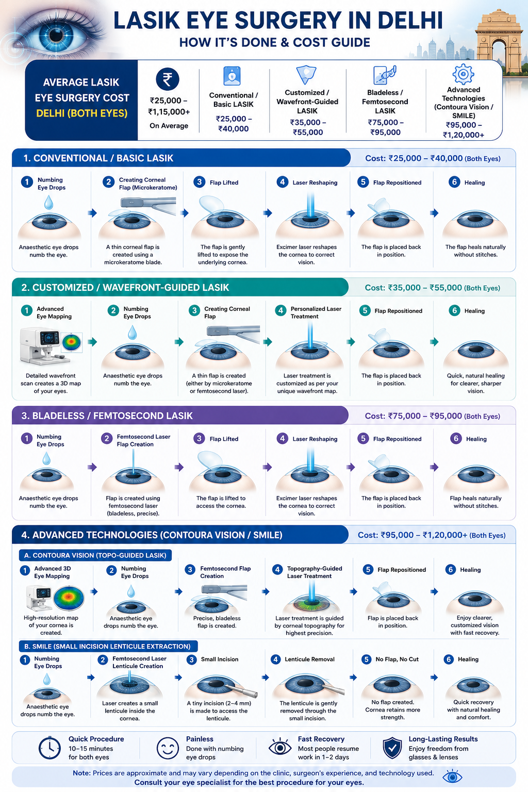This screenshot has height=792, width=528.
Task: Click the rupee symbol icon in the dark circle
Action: [167, 79]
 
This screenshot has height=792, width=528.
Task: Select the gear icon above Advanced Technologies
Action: [463, 74]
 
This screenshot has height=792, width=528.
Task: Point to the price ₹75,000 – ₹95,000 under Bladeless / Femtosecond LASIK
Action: [385, 127]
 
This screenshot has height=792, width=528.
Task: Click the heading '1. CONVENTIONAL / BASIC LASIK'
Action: [98, 158]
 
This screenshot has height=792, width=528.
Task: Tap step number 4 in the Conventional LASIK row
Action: [282, 182]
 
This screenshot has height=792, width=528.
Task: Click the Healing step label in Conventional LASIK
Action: [474, 183]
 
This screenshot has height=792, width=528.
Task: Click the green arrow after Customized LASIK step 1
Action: [92, 342]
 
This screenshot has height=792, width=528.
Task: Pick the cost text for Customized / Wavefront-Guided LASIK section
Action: [432, 288]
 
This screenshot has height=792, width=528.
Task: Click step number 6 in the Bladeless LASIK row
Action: [455, 438]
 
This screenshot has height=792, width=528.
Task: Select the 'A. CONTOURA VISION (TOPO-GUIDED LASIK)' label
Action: [95, 555]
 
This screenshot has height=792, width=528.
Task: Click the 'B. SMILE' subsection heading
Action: [108, 646]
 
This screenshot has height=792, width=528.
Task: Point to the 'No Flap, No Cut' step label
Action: [397, 659]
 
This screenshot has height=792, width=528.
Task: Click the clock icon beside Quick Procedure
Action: [49, 748]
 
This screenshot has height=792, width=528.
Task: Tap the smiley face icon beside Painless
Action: [167, 748]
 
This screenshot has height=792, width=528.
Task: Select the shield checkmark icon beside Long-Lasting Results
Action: [392, 748]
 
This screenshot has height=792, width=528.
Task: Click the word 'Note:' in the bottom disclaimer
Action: [81, 773]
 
